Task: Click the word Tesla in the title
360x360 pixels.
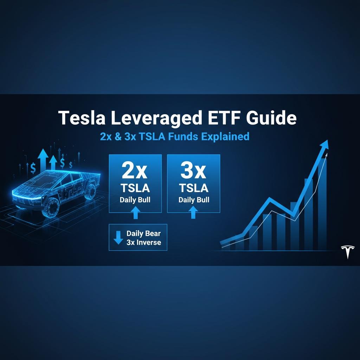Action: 82,118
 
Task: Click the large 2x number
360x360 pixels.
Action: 135,171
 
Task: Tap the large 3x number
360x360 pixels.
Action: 193,171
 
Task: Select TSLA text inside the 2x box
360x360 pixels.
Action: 135,188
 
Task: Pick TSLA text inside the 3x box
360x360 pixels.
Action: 194,188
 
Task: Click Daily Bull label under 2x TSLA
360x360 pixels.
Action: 135,200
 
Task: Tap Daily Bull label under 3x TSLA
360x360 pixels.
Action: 194,200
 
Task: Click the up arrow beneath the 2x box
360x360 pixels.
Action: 135,212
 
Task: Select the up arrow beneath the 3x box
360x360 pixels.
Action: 193,212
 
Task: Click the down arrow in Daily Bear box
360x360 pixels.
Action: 118,237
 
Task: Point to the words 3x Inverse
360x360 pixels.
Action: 144,243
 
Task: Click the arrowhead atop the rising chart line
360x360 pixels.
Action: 324,145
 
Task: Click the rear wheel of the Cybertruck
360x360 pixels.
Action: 90,192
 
